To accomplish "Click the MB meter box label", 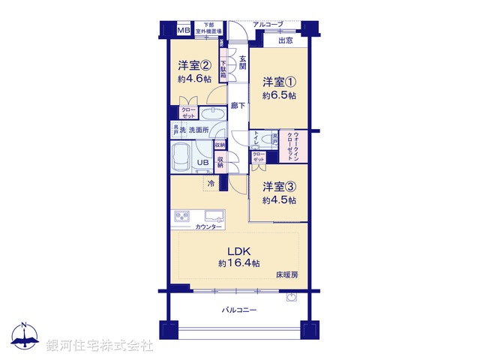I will [183, 31].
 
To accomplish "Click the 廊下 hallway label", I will [237, 106].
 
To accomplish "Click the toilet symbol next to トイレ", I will [262, 142].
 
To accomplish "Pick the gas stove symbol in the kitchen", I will [184, 217].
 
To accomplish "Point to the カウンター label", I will [209, 226].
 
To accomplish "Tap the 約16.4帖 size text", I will [239, 263].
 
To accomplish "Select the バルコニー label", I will [238, 309].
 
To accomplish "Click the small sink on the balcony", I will [290, 297].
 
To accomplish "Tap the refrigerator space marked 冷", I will [212, 183].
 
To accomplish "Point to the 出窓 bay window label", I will [286, 41].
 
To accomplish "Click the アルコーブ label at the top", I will [268, 25].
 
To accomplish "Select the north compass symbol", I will [25, 337].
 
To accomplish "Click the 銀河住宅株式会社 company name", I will [100, 346].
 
